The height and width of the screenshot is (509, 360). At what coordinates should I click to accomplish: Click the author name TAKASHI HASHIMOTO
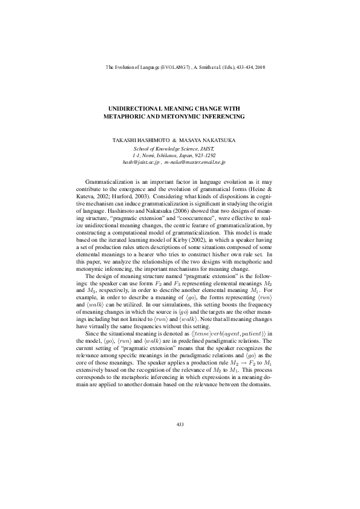click(x=139, y=140)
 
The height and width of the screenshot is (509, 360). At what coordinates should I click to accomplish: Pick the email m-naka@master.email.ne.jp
click(x=196, y=163)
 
